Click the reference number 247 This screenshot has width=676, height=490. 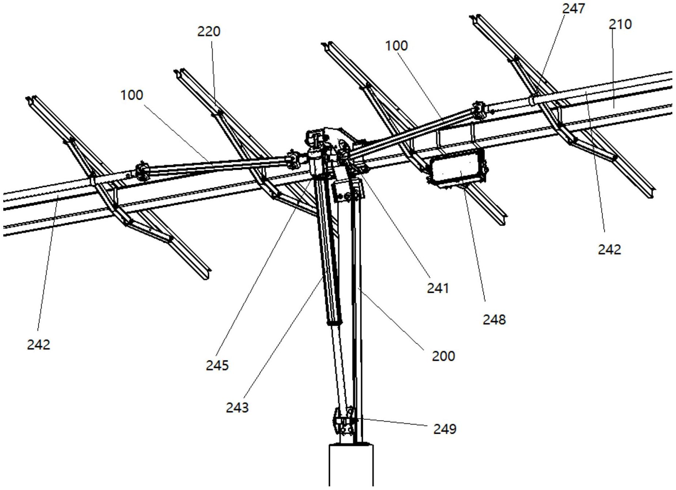(573, 8)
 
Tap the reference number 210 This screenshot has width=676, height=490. (620, 24)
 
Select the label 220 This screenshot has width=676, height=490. (209, 32)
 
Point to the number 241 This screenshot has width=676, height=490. (438, 288)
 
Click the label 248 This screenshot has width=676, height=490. (494, 320)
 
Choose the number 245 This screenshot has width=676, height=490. (217, 365)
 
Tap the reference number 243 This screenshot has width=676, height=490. (237, 407)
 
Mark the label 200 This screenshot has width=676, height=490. (443, 356)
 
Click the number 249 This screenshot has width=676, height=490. (445, 429)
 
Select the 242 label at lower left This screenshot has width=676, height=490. (38, 345)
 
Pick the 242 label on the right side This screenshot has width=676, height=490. (609, 250)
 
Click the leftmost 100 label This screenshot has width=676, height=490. (132, 95)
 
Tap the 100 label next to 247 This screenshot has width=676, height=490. (396, 46)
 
